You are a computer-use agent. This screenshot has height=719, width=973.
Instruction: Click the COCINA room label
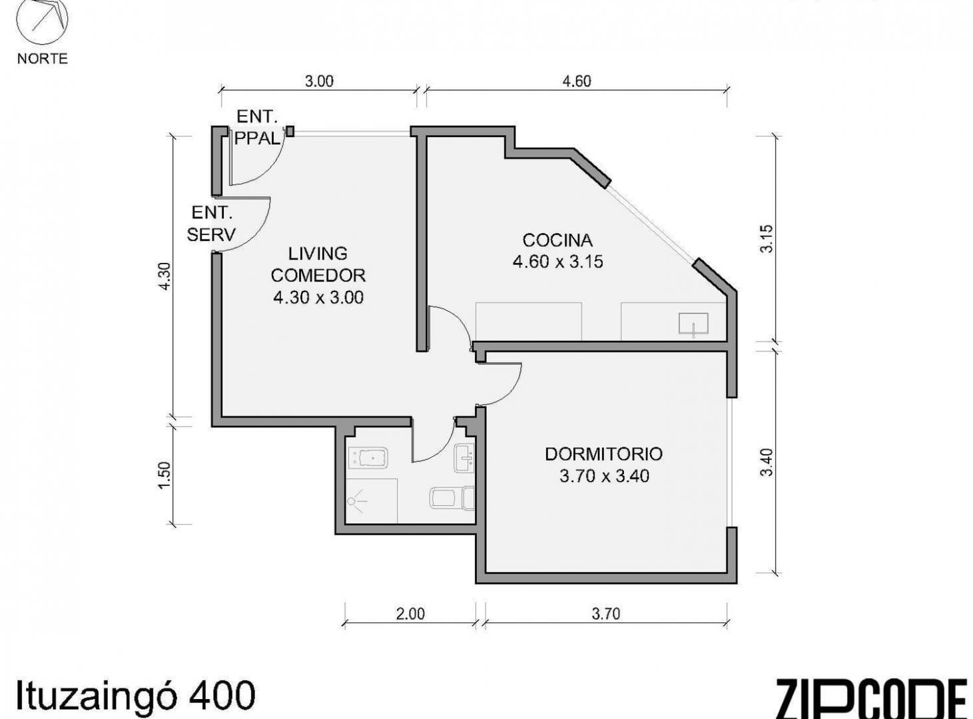pos(557,240)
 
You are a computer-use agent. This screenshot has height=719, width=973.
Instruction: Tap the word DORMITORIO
pos(603,454)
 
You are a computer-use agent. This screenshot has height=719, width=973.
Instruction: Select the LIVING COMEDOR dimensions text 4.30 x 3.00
pos(318,298)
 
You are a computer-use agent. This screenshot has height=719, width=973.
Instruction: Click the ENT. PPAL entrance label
pos(257,128)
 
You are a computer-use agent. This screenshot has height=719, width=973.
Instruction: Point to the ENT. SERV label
pos(211,224)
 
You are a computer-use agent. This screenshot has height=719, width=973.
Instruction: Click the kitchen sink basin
pos(693,324)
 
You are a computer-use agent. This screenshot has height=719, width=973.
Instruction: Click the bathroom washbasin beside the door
pos(465,459)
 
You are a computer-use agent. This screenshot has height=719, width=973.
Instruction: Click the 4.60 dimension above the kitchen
pos(577,81)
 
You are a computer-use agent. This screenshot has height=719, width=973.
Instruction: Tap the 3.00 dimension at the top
pos(319,81)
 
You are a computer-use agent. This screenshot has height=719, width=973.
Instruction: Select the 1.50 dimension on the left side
pos(163,475)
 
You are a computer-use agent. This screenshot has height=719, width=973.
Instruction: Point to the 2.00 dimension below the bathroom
pos(410,614)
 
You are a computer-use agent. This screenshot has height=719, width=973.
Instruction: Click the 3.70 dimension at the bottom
pos(606,614)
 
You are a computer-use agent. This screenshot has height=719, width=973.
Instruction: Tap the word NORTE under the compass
pos(43,59)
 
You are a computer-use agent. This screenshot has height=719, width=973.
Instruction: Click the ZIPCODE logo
pos(872,701)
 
